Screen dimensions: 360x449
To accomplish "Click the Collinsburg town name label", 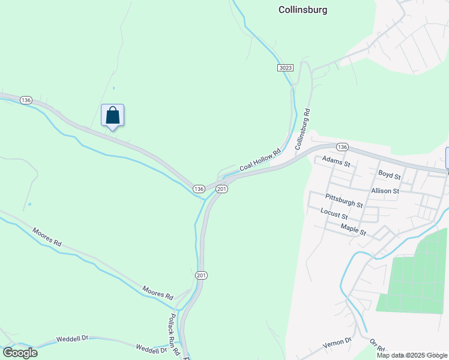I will click(x=303, y=10).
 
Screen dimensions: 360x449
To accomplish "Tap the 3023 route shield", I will click(x=286, y=68).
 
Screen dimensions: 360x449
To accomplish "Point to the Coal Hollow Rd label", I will click(x=260, y=161).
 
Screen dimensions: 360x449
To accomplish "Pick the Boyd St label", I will click(x=389, y=175).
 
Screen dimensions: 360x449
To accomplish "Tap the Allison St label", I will click(x=385, y=191).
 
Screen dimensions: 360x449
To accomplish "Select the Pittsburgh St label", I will click(x=343, y=200).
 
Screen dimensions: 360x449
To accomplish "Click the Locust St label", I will click(x=334, y=214).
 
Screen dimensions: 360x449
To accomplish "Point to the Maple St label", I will click(x=353, y=229).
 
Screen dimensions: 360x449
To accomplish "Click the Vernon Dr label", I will click(x=336, y=342).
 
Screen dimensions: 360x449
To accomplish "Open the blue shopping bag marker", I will click(x=112, y=115).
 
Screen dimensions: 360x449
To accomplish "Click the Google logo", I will click(x=20, y=352).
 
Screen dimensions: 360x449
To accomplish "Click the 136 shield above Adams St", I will click(x=342, y=147).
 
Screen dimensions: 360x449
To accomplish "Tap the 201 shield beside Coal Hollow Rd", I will click(x=221, y=189).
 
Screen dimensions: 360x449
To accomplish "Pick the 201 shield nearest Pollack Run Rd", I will click(x=201, y=275).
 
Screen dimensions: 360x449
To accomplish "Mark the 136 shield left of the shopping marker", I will click(x=25, y=100).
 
